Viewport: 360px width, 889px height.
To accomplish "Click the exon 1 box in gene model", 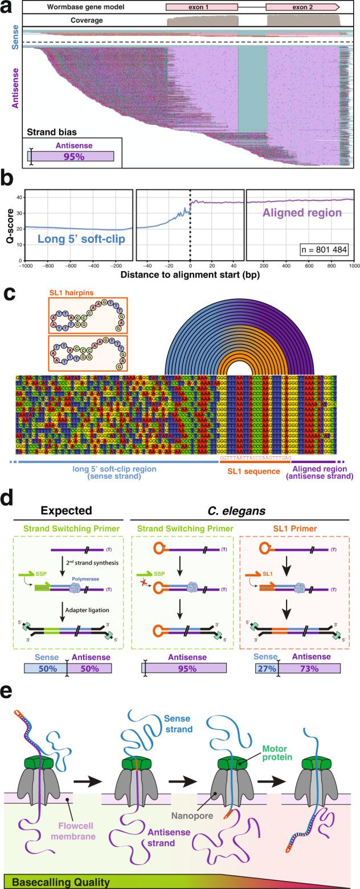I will click(202, 7).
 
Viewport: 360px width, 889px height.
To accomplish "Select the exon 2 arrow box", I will click(302, 7).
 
